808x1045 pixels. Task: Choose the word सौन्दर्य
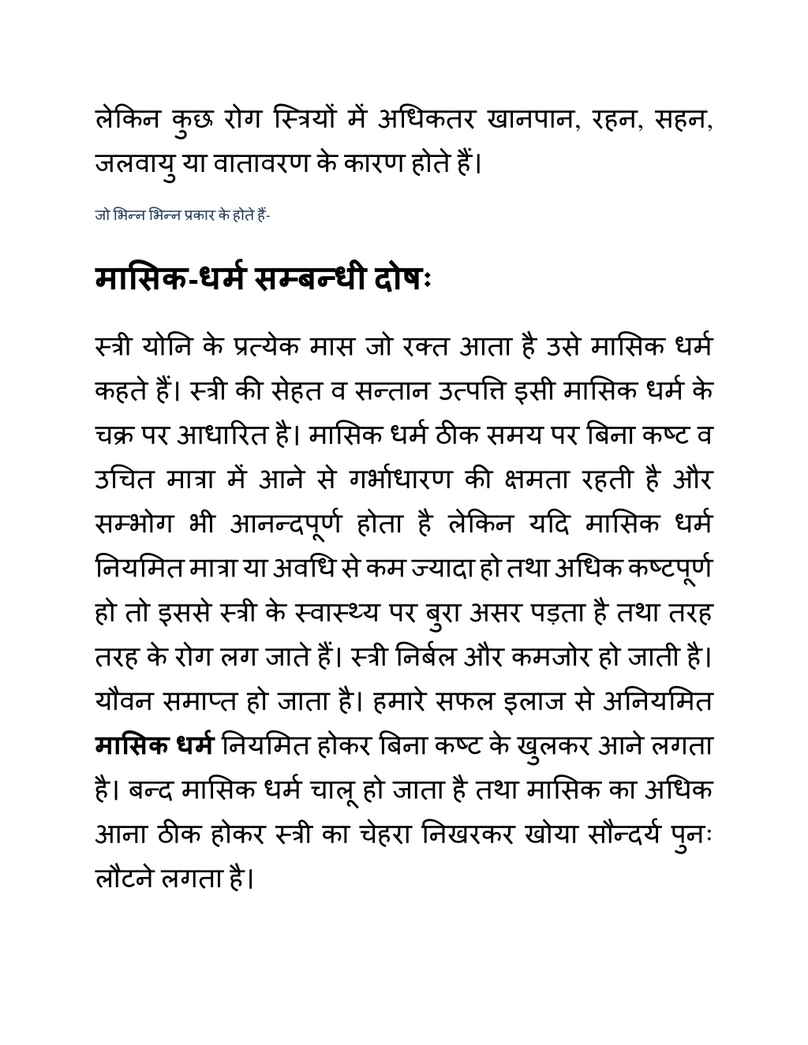pos(606,834)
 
